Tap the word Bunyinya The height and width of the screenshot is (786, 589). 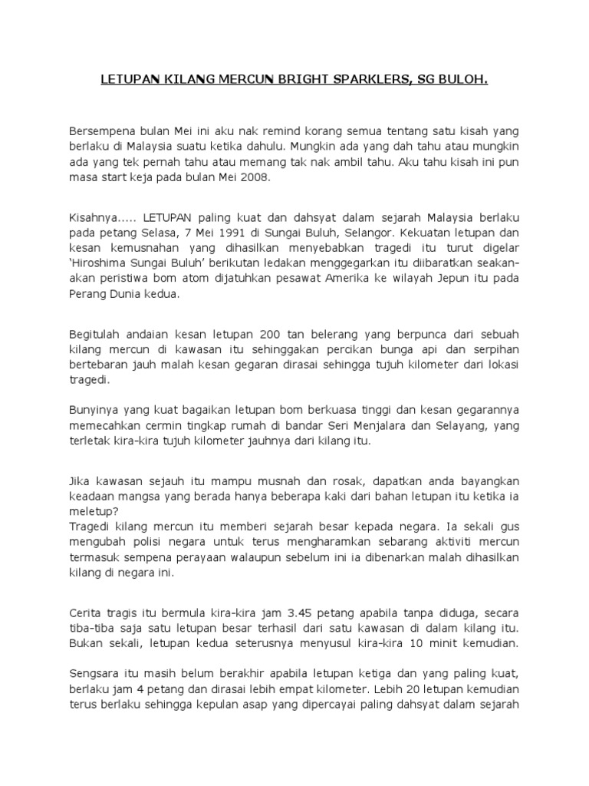[x=94, y=411]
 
